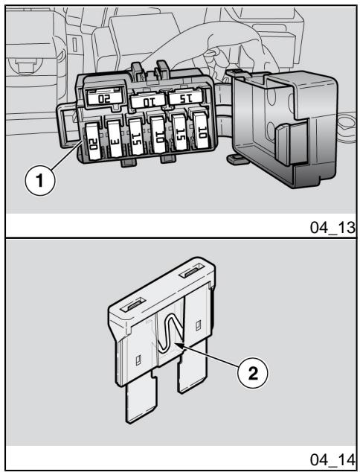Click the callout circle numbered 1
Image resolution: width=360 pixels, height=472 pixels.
point(40,181)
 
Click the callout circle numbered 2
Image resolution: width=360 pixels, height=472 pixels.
point(253,374)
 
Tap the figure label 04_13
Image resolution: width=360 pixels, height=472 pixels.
point(333,228)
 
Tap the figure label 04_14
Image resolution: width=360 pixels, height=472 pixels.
point(333,460)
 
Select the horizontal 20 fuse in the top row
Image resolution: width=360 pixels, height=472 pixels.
point(105,97)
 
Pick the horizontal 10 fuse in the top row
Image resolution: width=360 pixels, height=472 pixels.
point(149,100)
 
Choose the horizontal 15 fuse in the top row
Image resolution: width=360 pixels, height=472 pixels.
point(185,96)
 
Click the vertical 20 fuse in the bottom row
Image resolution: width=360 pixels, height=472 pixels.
point(93,141)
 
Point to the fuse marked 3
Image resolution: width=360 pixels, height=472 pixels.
point(115,139)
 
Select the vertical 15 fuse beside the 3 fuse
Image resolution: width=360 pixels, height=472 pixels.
point(136,136)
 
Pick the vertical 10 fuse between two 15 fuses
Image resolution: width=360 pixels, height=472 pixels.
point(158,135)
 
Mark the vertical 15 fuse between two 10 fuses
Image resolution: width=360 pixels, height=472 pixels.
point(180,133)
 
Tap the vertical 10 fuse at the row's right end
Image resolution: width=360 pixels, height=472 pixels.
point(202,130)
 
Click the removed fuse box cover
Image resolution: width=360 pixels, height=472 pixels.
point(285,127)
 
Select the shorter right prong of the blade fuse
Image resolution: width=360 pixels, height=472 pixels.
point(193,367)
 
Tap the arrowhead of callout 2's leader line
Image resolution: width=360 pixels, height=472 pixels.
point(180,345)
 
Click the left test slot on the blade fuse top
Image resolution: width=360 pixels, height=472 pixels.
point(132,304)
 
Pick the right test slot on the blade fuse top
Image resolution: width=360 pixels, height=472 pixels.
point(192,270)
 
